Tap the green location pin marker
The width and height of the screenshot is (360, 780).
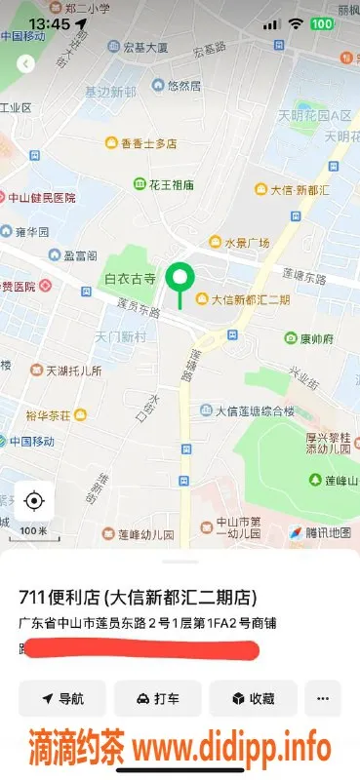click(x=179, y=280)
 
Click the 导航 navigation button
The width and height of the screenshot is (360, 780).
click(x=62, y=698)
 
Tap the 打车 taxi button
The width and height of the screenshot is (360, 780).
click(x=157, y=698)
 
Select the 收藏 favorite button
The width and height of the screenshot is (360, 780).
click(x=252, y=698)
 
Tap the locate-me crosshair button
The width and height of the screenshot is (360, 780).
click(x=34, y=501)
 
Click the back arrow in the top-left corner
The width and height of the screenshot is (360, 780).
click(x=26, y=63)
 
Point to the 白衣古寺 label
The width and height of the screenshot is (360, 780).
click(x=131, y=279)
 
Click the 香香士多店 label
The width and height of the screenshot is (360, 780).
click(x=148, y=143)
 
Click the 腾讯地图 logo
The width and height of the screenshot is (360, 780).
click(x=320, y=532)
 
